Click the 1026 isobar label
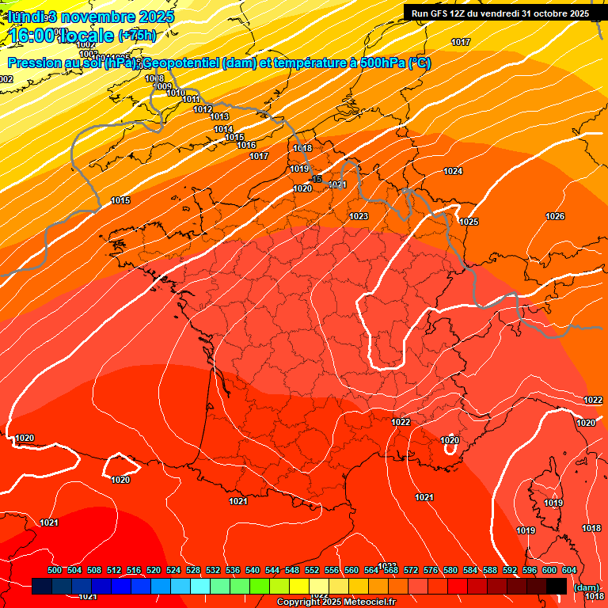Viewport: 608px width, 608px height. pyautogui.click(x=555, y=216)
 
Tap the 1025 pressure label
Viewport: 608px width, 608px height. pyautogui.click(x=469, y=222)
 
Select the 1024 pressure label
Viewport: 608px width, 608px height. pyautogui.click(x=453, y=171)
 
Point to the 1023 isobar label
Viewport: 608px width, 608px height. pyautogui.click(x=359, y=215)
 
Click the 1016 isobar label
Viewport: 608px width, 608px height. pyautogui.click(x=246, y=145)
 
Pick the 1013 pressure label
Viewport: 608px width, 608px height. pyautogui.click(x=219, y=116)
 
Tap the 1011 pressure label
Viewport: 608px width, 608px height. pyautogui.click(x=191, y=99)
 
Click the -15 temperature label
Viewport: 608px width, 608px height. pyautogui.click(x=316, y=180)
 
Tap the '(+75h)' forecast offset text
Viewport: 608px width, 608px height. pyautogui.click(x=137, y=35)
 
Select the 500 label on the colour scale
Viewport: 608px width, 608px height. pyautogui.click(x=55, y=570)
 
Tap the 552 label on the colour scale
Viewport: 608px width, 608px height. pyautogui.click(x=312, y=570)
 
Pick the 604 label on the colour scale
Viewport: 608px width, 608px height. pyautogui.click(x=569, y=570)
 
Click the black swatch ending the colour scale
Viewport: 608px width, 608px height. pyautogui.click(x=557, y=586)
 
